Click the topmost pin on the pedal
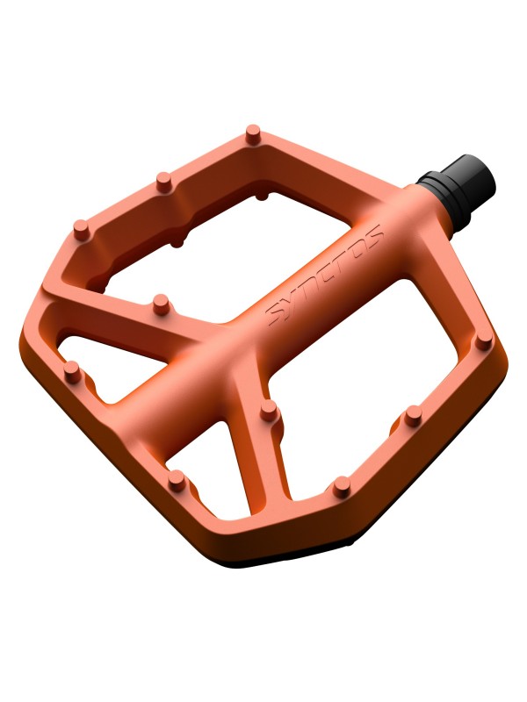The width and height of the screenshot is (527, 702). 253,133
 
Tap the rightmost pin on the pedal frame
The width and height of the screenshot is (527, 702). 483,342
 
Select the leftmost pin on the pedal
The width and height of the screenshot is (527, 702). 71,372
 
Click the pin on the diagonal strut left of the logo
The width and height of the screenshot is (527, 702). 162,304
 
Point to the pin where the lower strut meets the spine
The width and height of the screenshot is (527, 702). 269,410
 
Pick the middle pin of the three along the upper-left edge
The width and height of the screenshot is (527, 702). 164,182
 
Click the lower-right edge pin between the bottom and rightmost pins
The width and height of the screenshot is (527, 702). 414,416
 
